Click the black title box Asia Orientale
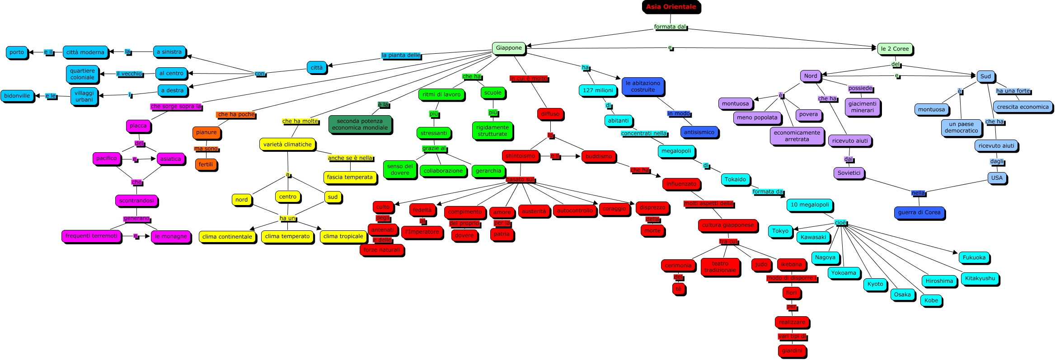coord(671,7)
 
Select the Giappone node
coord(508,48)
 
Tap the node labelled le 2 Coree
coord(895,49)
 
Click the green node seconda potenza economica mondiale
coord(360,124)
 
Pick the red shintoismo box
coord(520,156)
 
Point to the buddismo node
coord(598,156)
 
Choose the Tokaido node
coord(735,179)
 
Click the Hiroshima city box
coord(939,281)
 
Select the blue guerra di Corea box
coord(919,212)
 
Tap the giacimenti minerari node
coord(862,107)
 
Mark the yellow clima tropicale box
coord(343,236)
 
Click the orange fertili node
coord(206,164)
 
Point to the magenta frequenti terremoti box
coord(91,236)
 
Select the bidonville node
coord(17,96)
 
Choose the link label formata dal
coord(670,27)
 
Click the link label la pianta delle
coord(401,55)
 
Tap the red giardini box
coord(792,351)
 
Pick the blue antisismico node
coord(699,132)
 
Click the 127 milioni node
coord(597,90)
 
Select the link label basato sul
coord(520,179)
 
